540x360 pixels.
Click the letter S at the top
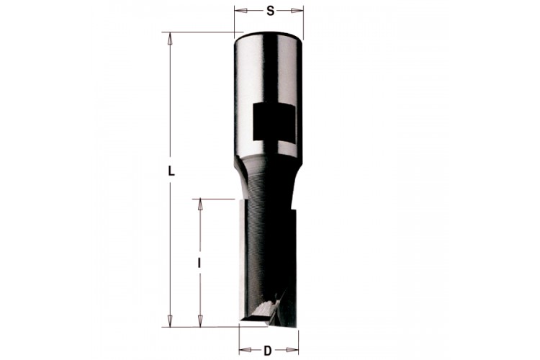click(271, 11)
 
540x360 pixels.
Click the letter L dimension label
click(171, 171)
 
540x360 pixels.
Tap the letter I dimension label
click(199, 264)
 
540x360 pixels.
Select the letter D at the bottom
click(268, 351)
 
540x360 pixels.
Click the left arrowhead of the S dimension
click(240, 11)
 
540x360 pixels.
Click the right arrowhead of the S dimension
click(297, 11)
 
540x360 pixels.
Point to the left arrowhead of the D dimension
click(246, 350)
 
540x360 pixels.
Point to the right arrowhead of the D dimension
click(292, 350)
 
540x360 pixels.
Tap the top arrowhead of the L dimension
click(169, 38)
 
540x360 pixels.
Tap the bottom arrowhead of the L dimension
click(169, 320)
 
